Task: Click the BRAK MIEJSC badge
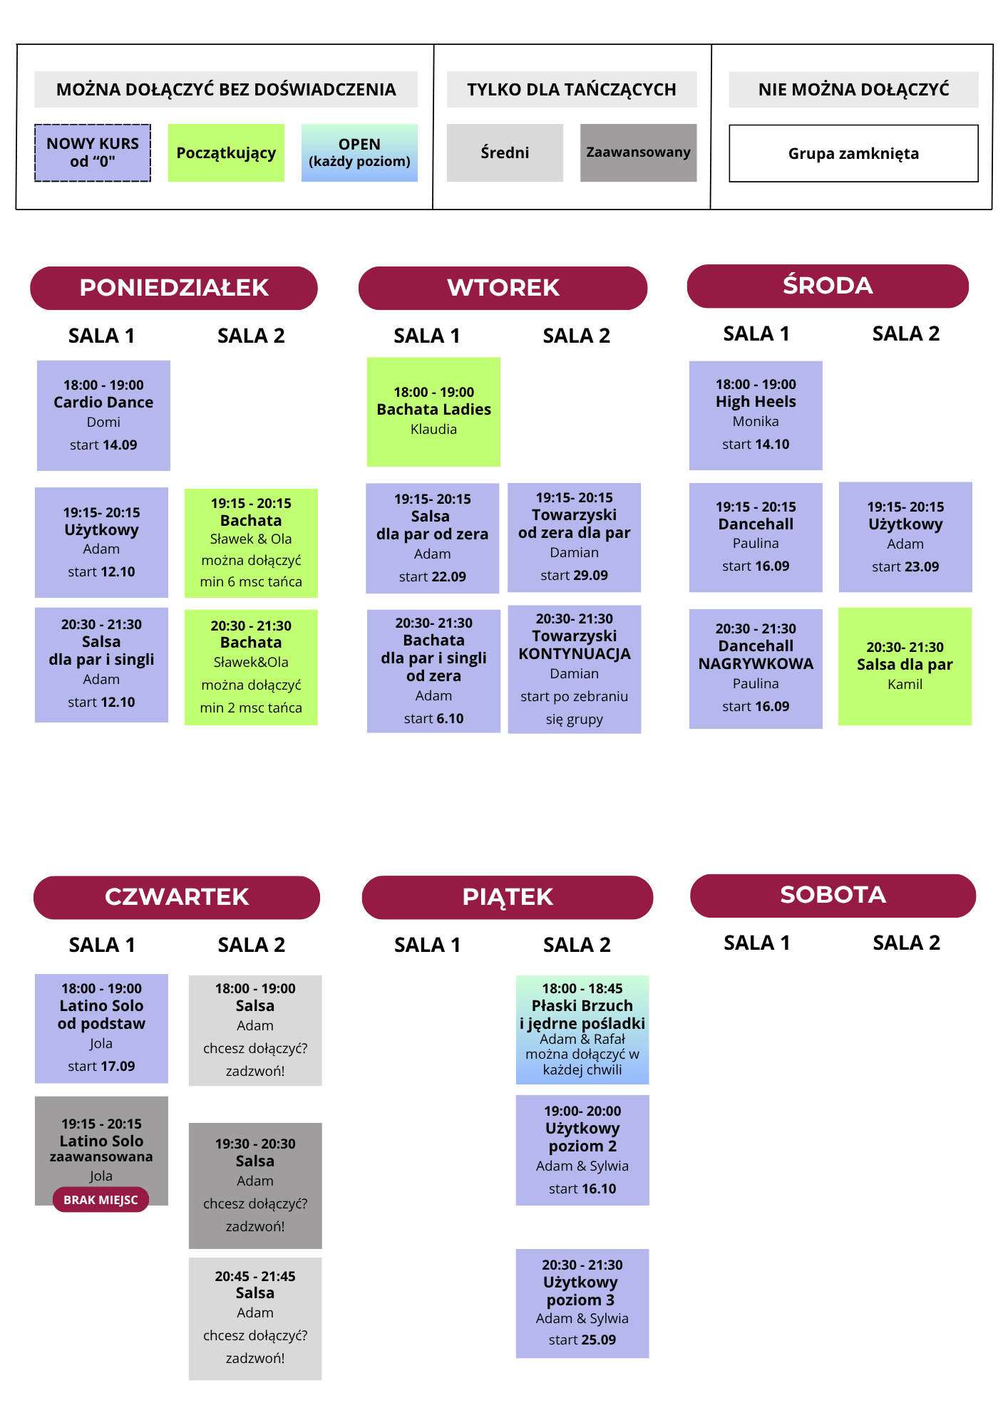coord(101,1200)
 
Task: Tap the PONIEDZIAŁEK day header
coord(174,288)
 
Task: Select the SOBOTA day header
coord(833,896)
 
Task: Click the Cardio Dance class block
coord(103,415)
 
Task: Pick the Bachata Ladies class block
coord(433,412)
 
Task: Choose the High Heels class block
coord(756,415)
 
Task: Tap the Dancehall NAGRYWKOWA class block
coord(756,668)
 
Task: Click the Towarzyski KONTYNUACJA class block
coord(575,669)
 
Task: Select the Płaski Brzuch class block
coord(582,1030)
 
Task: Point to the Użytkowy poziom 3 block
coord(582,1303)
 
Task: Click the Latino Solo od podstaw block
coord(101,1028)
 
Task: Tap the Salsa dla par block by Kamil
coord(905,666)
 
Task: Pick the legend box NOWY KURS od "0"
coord(93,152)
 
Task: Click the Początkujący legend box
coord(226,152)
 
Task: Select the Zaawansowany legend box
coord(639,152)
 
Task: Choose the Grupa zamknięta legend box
coord(853,153)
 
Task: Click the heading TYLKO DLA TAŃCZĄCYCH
coord(572,89)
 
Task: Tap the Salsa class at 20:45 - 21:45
coord(255,1318)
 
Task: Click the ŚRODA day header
coord(828,286)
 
